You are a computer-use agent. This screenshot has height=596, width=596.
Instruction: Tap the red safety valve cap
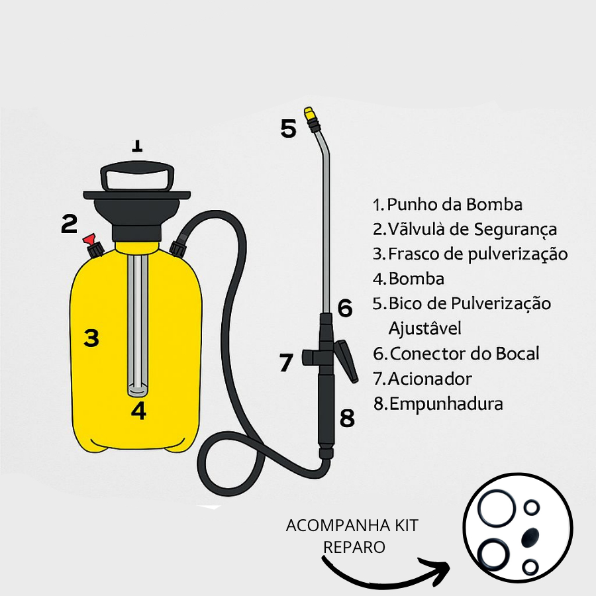pyautogui.click(x=89, y=239)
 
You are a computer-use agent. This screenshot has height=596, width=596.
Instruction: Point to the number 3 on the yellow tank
pyautogui.click(x=91, y=338)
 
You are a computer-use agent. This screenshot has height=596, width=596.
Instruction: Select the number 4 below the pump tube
pyautogui.click(x=139, y=411)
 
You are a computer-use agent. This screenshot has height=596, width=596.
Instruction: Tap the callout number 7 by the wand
pyautogui.click(x=286, y=362)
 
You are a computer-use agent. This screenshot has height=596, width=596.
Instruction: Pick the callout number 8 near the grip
pyautogui.click(x=346, y=418)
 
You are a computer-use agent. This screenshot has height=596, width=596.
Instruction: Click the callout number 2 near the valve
pyautogui.click(x=69, y=224)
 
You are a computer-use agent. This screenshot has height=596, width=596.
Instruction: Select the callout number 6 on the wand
pyautogui.click(x=345, y=308)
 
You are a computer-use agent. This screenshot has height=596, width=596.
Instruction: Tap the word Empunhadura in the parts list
pyautogui.click(x=446, y=404)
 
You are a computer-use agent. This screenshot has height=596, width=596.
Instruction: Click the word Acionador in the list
pyautogui.click(x=430, y=379)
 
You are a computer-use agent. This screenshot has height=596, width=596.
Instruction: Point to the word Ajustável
pyautogui.click(x=425, y=328)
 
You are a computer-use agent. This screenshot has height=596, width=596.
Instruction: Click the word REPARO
pyautogui.click(x=354, y=548)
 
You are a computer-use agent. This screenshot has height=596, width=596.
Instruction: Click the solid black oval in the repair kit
pyautogui.click(x=530, y=538)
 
